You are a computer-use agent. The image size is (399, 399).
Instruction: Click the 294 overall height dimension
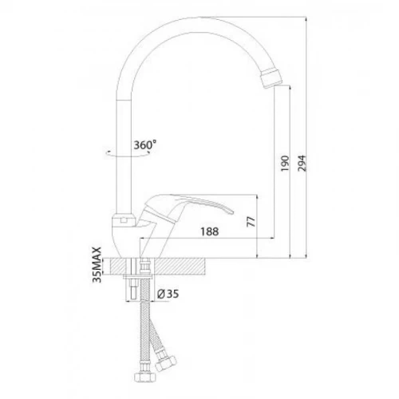(302, 164)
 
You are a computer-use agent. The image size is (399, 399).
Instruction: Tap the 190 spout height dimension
(285, 164)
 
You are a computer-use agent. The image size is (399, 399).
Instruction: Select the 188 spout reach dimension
(210, 231)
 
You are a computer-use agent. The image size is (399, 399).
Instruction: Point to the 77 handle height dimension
(251, 222)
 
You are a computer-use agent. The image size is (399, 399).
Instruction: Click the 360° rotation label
(145, 145)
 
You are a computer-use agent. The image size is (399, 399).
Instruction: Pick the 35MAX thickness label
(97, 265)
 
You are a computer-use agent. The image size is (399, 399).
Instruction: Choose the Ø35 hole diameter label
(168, 294)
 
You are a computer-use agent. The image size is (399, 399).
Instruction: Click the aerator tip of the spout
(271, 78)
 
